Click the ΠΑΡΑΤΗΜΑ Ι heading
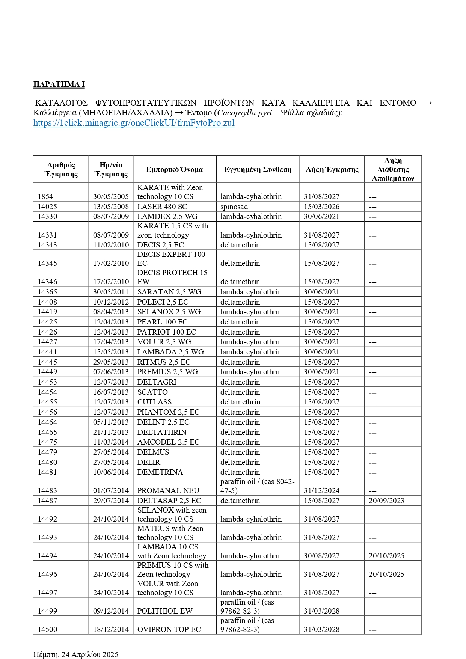tap(59, 84)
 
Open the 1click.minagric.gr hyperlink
tap(134, 123)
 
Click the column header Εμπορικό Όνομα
tap(174, 169)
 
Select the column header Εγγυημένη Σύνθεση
tap(258, 169)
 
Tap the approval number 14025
tap(47, 207)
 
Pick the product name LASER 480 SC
tap(162, 207)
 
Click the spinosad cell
tap(234, 207)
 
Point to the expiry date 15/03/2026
tap(321, 207)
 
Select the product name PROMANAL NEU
tap(168, 490)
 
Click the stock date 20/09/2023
tap(386, 501)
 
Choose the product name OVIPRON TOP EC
tap(169, 629)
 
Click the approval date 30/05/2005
tap(111, 196)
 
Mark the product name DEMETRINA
tap(160, 472)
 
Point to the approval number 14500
tap(47, 629)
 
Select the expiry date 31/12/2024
tap(321, 490)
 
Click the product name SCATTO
tap(152, 392)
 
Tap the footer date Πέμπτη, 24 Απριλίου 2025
tap(75, 654)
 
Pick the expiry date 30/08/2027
tap(321, 556)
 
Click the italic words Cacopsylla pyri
tap(244, 113)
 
